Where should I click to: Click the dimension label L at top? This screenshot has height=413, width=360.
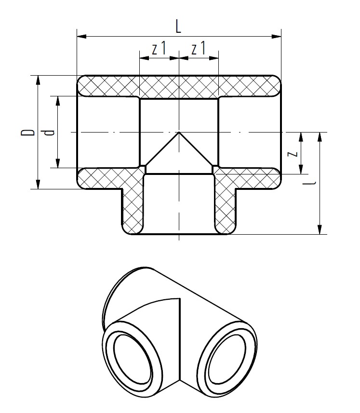pos(178,27)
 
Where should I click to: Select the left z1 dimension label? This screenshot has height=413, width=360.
pos(159,49)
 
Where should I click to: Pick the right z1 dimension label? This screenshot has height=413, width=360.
pos(199,49)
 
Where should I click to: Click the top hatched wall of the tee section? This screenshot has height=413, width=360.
pos(178,86)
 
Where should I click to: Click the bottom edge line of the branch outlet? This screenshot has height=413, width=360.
pos(179,234)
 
